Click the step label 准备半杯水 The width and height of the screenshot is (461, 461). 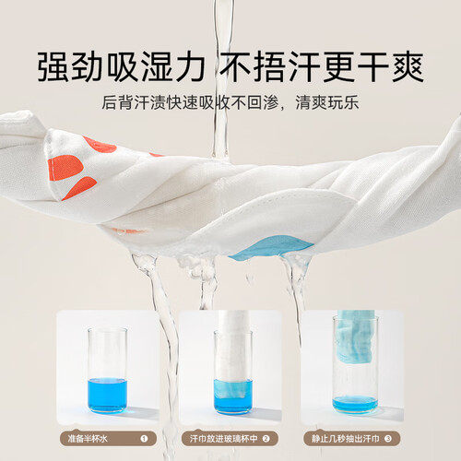tap(88, 439)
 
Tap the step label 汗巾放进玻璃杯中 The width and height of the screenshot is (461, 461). tap(223, 439)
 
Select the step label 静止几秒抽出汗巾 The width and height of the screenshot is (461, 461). tap(346, 439)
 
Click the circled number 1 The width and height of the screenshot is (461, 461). tap(144, 439)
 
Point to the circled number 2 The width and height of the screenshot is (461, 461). tap(266, 439)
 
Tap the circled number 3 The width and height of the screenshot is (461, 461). tap(388, 439)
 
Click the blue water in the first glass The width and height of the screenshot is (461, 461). tap(107, 396)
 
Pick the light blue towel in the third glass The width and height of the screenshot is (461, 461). tap(355, 335)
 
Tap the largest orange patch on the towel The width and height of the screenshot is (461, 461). tap(65, 168)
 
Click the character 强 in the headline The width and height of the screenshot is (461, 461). tap(54, 67)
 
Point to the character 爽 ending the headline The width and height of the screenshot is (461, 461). tap(408, 67)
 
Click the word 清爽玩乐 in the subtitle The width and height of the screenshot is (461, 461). tap(327, 102)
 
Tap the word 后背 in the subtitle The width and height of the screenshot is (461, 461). tap(117, 102)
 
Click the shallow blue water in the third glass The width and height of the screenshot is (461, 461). tap(355, 404)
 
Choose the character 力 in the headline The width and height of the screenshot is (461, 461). tap(188, 67)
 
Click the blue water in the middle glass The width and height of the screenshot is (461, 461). tap(233, 396)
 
